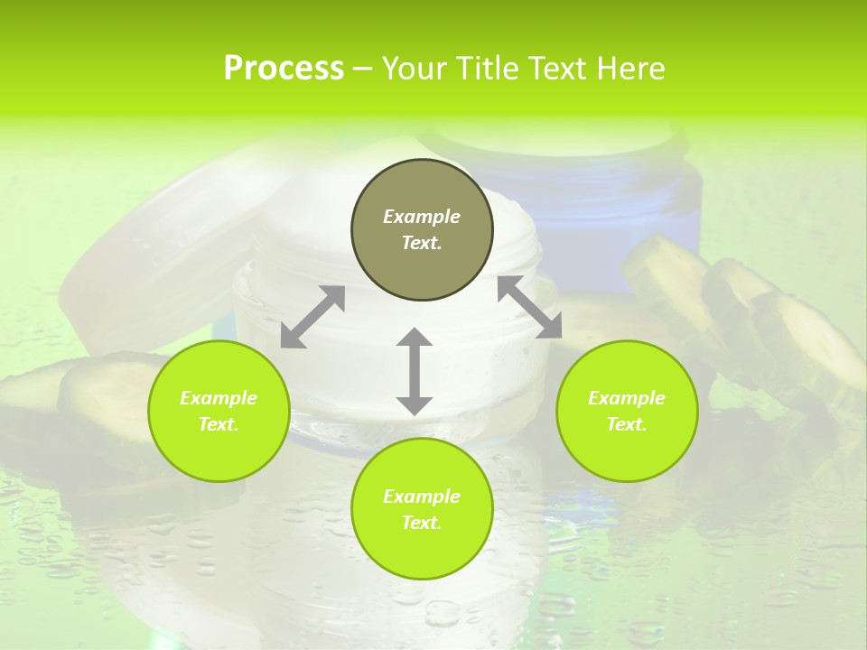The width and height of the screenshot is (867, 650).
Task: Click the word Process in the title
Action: click(x=284, y=69)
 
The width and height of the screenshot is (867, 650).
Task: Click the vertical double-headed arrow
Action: click(x=415, y=371)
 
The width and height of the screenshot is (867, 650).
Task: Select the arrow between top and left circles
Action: click(x=312, y=317)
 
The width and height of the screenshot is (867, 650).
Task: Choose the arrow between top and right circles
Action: click(x=529, y=307)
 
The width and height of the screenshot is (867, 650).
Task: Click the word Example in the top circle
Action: click(x=422, y=217)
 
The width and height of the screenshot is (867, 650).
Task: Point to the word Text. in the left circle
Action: click(x=219, y=424)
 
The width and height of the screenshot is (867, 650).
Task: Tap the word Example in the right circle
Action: click(x=627, y=398)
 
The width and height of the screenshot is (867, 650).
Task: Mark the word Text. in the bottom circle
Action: click(x=422, y=523)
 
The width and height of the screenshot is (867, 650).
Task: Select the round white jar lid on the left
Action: click(x=154, y=244)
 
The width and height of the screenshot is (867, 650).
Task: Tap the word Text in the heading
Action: click(x=556, y=69)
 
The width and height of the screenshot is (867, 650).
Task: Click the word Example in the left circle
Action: click(x=219, y=398)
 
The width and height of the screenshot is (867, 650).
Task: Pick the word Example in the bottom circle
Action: click(x=422, y=497)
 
